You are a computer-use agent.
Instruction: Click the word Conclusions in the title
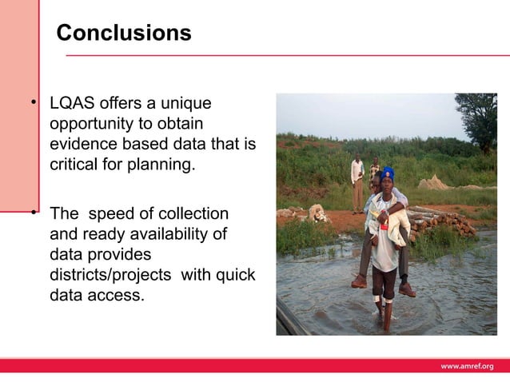(124, 34)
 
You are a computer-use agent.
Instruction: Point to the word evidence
(84, 144)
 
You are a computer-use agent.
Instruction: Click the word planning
(165, 164)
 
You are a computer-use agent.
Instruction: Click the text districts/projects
(113, 274)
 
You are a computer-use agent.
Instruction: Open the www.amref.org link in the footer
(468, 366)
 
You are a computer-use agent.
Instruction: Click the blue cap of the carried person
(388, 173)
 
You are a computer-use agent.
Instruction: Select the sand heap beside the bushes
(436, 183)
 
